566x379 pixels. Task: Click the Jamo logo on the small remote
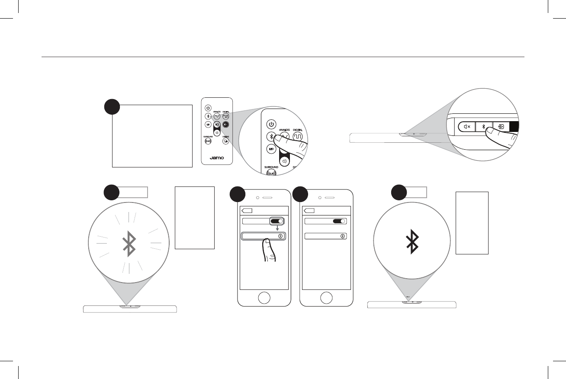[217, 157]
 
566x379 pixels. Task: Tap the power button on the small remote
[208, 108]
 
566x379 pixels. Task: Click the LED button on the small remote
[208, 125]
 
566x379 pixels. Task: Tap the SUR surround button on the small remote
[208, 141]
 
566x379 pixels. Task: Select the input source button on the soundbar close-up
[501, 127]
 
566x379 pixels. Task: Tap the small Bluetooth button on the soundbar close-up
[484, 127]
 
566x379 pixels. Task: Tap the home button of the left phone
[264, 298]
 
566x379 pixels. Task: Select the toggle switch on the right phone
[339, 222]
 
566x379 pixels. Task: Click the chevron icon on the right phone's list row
[342, 236]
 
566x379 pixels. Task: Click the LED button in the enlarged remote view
[272, 149]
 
